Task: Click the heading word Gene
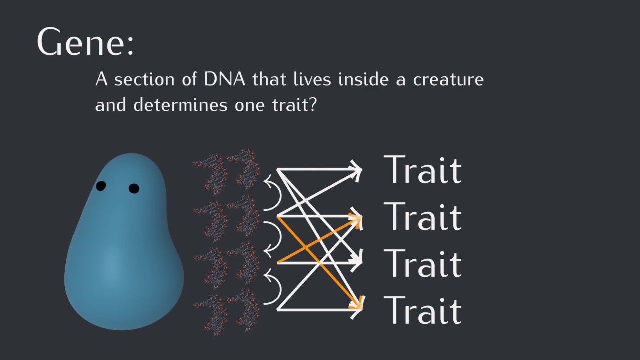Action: click(x=85, y=42)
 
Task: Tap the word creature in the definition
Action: click(x=448, y=80)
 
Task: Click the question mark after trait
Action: click(x=312, y=105)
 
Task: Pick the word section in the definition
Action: click(x=145, y=80)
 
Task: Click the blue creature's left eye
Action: click(x=101, y=186)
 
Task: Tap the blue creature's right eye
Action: click(x=134, y=188)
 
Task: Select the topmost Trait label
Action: click(x=422, y=170)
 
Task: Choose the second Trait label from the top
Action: click(x=422, y=216)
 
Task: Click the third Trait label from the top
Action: click(x=422, y=263)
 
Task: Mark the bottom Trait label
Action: click(x=422, y=310)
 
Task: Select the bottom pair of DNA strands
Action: click(x=227, y=312)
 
